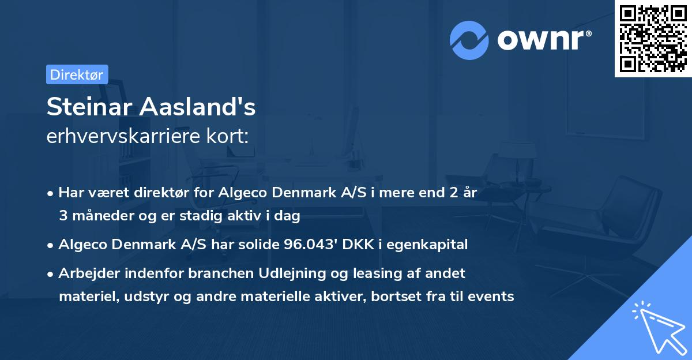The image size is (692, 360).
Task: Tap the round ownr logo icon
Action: pos(469,40)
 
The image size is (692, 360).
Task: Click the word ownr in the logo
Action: pos(544,40)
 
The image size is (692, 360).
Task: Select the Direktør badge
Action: pos(77,74)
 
